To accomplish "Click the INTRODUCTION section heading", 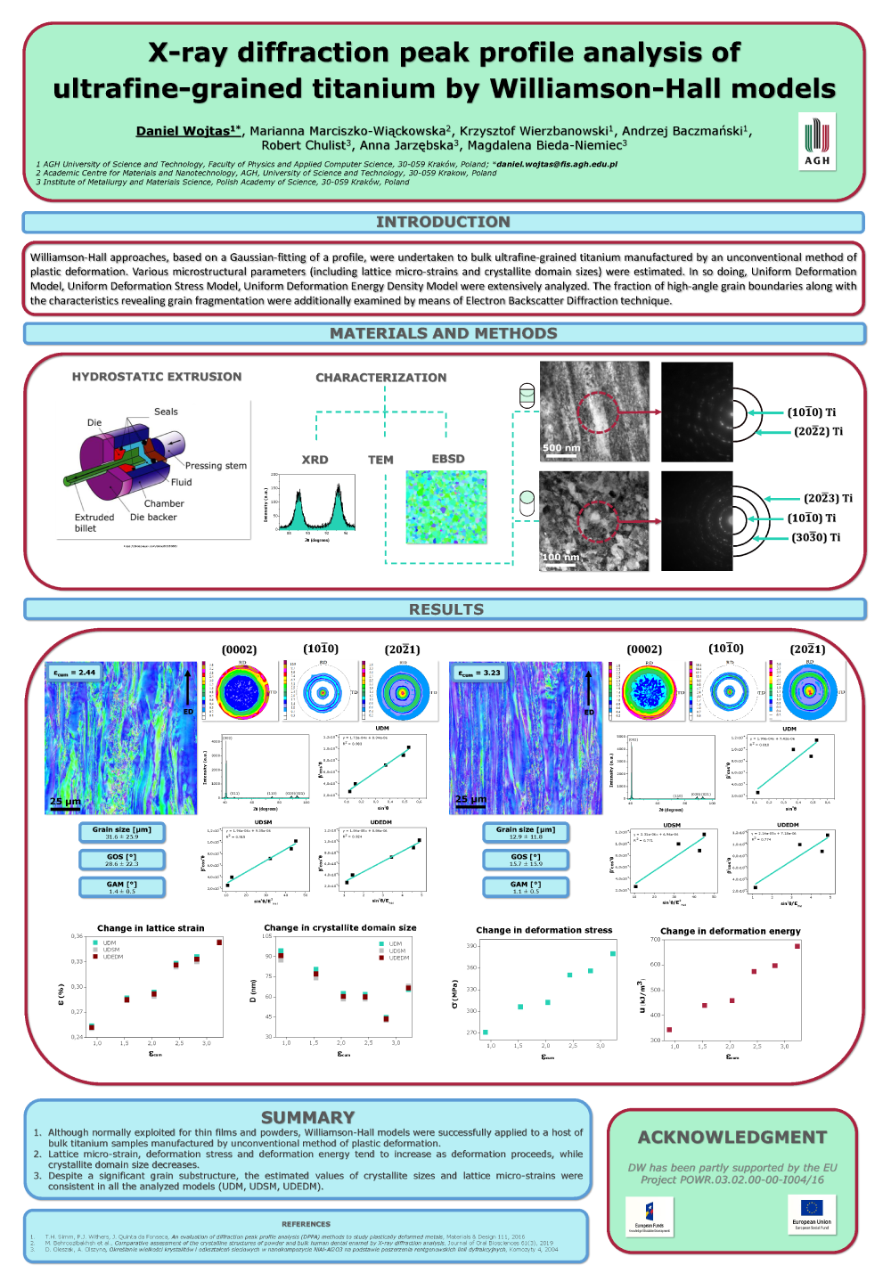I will (443, 222).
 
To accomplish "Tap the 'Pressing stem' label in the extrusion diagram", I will (216, 465).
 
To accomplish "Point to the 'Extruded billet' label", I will (94, 523).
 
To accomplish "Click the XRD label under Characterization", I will (315, 460).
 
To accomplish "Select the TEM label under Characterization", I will (380, 460).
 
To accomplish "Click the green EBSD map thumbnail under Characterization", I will (446, 507).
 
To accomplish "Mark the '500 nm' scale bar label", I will (561, 448).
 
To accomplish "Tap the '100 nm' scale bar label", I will (561, 558).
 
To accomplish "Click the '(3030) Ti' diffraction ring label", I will (815, 537).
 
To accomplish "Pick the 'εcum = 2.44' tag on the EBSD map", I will (74, 673).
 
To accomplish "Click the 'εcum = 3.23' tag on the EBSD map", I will (479, 673).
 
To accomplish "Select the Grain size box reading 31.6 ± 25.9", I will (122, 833).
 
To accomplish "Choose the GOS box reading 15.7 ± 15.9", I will (526, 860).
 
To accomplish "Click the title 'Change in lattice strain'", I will (151, 928).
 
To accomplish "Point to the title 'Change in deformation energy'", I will (731, 931).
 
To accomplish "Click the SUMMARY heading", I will (307, 1117).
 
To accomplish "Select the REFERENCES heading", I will (306, 1224).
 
